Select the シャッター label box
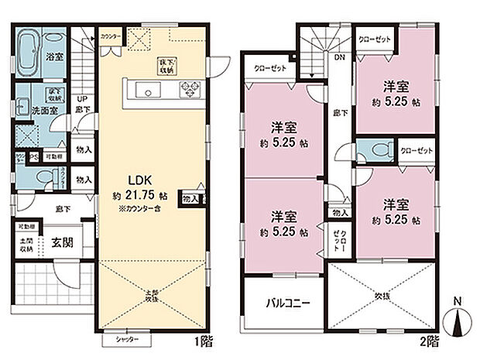(117, 338)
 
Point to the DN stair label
(338, 57)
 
